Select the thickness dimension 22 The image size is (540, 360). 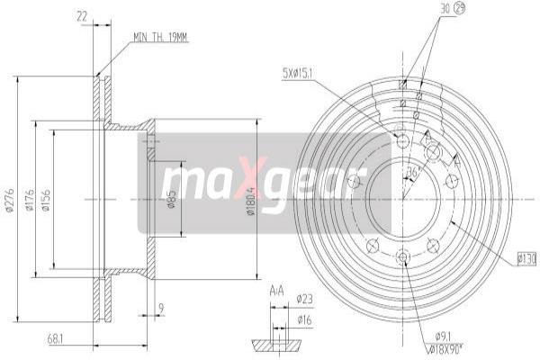tap(83, 14)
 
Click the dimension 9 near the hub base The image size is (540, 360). tap(160, 309)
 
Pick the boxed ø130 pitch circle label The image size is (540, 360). tap(526, 259)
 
